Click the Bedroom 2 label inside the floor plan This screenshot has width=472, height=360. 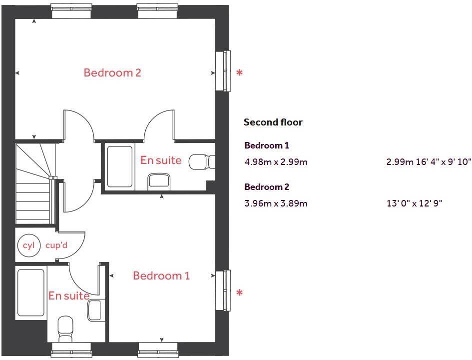tap(112, 72)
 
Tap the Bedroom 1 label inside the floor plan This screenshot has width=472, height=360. tap(161, 275)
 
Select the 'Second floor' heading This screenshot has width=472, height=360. tap(273, 122)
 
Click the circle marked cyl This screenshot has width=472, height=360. tap(28, 245)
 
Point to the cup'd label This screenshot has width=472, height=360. tap(56, 245)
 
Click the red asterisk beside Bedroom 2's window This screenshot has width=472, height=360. tap(240, 73)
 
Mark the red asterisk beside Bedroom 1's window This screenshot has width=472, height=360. tap(240, 293)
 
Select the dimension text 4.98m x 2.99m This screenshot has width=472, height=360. tap(276, 162)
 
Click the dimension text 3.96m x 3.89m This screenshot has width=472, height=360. tap(276, 203)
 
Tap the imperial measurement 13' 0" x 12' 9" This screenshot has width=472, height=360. tap(415, 203)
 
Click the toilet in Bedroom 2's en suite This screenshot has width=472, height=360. tap(204, 161)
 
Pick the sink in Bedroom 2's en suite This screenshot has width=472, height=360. tap(159, 180)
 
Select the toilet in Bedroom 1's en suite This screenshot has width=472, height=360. tap(66, 327)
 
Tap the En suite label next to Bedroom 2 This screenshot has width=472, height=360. tap(161, 160)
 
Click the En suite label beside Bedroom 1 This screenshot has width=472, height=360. tap(69, 295)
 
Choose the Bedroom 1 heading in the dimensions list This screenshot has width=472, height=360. tap(267, 145)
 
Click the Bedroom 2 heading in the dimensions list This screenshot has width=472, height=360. tap(267, 187)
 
